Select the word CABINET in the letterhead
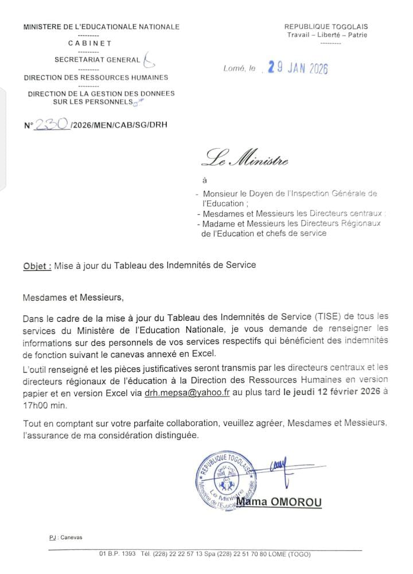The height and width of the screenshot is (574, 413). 90,43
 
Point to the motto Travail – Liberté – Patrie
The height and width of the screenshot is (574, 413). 327,35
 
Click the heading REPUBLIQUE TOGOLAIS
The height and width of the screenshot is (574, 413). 326,26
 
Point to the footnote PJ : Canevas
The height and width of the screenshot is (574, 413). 65,537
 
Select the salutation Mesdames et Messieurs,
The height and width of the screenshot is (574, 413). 73,298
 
